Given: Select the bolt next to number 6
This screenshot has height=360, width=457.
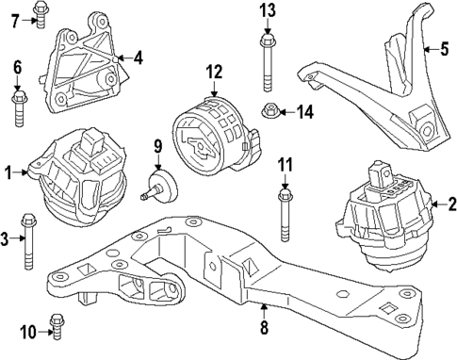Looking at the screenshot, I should point(19,106).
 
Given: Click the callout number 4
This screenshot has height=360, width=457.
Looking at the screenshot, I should point(138,58).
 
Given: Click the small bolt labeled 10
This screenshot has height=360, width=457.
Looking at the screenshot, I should point(55,332).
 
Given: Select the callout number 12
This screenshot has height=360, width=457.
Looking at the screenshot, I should point(214,72).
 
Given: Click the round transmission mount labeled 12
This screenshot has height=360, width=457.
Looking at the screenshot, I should point(214,134).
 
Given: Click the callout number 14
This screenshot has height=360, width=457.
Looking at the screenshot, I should point(302,113).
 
